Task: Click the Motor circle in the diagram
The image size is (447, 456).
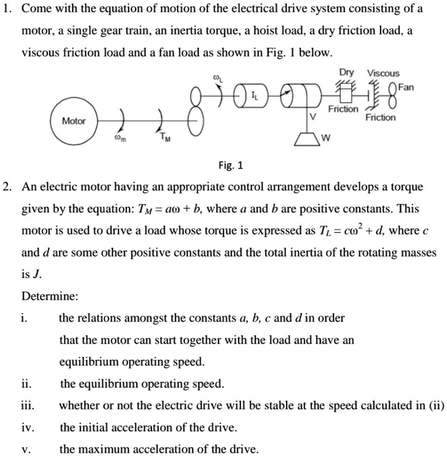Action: click(x=74, y=121)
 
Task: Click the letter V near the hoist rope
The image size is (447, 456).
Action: click(x=313, y=117)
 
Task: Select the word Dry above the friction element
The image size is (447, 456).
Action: click(x=347, y=73)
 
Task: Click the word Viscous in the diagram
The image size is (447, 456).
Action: click(x=383, y=73)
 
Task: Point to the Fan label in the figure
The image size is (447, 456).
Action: click(x=407, y=87)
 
